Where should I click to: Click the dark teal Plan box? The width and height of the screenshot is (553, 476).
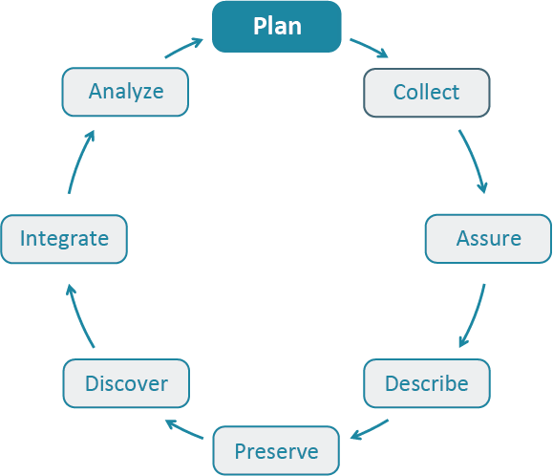click(x=276, y=26)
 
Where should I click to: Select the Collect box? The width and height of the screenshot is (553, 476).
click(x=426, y=93)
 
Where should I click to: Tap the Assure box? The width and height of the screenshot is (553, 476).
click(x=488, y=238)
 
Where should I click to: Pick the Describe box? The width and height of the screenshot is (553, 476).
click(x=426, y=384)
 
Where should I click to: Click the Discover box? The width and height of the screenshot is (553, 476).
click(x=126, y=384)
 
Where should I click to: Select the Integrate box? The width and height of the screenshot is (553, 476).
click(x=64, y=238)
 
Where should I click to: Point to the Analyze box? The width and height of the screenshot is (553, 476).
click(x=126, y=93)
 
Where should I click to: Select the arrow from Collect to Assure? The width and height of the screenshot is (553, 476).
click(x=475, y=160)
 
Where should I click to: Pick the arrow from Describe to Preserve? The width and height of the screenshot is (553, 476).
click(x=369, y=429)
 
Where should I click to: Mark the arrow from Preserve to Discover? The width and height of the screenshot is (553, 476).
click(x=183, y=429)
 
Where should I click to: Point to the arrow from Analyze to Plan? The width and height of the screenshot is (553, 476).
click(x=183, y=48)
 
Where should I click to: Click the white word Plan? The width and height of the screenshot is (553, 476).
click(x=277, y=26)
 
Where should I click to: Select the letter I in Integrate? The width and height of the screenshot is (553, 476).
click(x=23, y=238)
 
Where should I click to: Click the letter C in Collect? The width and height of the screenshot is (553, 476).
click(x=399, y=93)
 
